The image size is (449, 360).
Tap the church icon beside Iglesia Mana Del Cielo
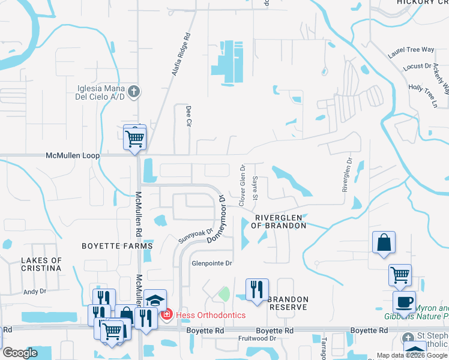[x=134, y=92]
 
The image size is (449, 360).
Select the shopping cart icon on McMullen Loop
[x=135, y=138]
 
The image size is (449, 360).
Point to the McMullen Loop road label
[x=72, y=155]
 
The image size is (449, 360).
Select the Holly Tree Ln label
[x=423, y=95]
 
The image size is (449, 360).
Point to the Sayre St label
[x=255, y=188]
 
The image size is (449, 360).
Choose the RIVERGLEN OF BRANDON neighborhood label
[x=281, y=221]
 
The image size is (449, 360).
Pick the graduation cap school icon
[x=155, y=299]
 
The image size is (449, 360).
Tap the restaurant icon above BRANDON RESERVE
[x=257, y=290]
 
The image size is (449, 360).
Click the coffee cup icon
[x=404, y=302]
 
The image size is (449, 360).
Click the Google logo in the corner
[x=20, y=353]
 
